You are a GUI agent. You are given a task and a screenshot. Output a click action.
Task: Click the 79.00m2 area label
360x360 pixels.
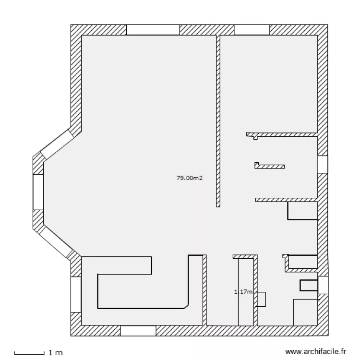click(190, 178)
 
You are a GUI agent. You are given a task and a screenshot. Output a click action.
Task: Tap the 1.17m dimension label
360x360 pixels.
click(243, 291)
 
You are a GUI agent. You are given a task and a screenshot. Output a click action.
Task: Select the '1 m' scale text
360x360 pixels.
click(56, 353)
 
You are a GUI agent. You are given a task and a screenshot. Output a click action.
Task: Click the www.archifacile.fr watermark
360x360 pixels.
click(315, 351)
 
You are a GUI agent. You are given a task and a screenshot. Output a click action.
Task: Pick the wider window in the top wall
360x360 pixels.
click(153, 30)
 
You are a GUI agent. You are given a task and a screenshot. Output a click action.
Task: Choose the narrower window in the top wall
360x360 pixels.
click(252, 30)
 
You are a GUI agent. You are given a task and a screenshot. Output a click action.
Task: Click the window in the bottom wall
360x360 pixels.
click(138, 331)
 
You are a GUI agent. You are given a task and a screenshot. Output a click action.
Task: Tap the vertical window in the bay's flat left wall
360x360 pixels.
click(38, 192)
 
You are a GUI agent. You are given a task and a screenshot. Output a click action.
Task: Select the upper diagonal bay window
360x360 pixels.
click(57, 144)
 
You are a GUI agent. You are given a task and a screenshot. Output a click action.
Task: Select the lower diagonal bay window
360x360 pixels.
click(56, 243)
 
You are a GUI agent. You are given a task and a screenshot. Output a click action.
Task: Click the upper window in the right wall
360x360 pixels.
click(323, 164)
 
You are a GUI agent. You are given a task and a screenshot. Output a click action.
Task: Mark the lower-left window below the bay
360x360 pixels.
click(76, 294)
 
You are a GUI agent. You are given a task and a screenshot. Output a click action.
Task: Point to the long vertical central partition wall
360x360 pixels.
click(218, 121)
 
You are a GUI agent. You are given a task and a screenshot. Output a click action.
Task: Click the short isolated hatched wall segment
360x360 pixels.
click(270, 166)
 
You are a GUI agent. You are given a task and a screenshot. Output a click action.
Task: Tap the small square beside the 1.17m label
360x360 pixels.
click(261, 299)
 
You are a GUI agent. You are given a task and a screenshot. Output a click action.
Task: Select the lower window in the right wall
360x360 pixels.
click(323, 285)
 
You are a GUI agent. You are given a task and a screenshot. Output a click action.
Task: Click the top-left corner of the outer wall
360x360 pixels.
click(71, 24)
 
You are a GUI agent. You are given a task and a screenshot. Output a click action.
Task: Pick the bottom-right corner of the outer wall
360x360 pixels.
click(328, 336)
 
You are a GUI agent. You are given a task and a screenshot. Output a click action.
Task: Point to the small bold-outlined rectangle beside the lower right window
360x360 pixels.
click(309, 286)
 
